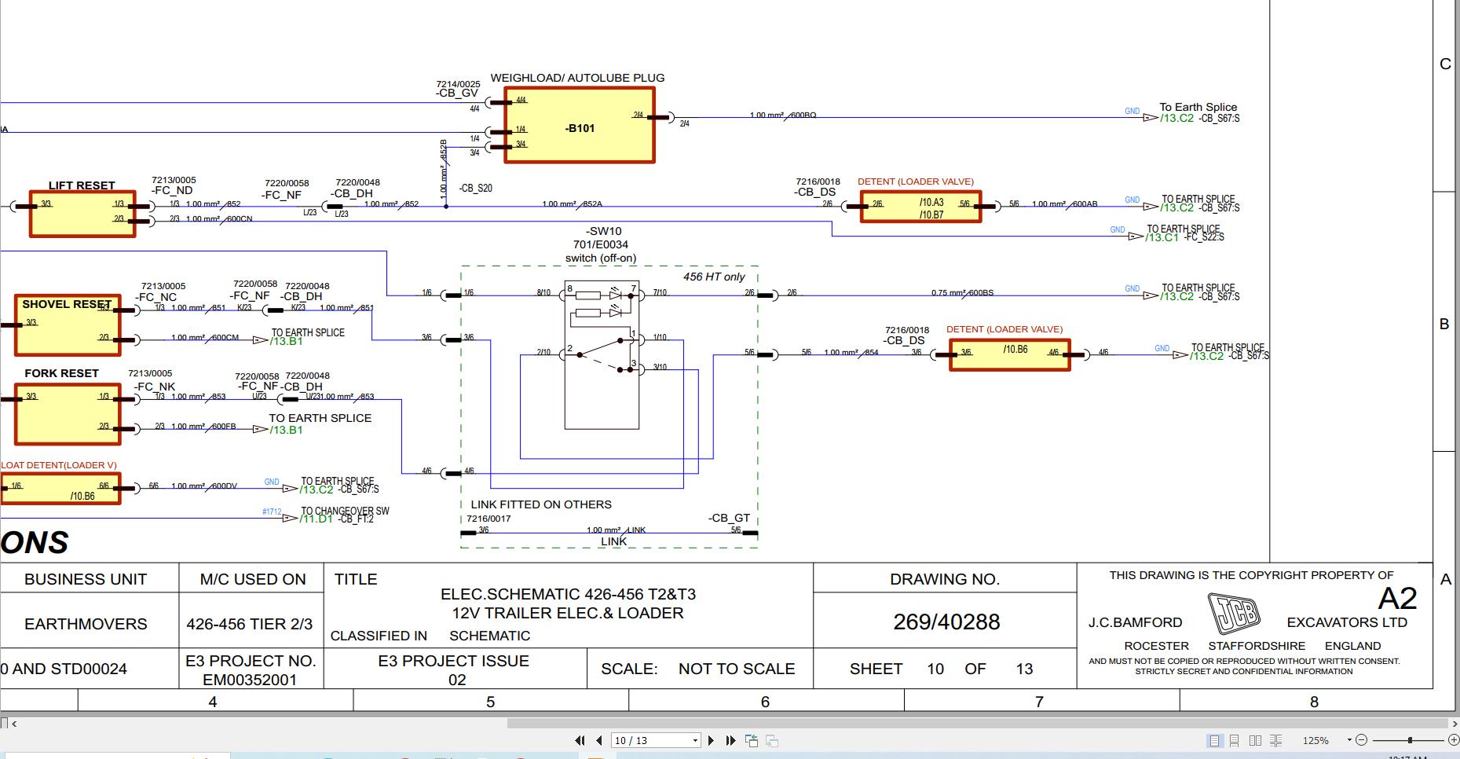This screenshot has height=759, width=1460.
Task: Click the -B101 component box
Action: [x=579, y=126]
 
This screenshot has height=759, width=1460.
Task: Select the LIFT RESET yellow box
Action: [x=82, y=214]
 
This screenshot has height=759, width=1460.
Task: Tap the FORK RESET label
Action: [x=61, y=373]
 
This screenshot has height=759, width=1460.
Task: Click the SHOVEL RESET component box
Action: [x=68, y=324]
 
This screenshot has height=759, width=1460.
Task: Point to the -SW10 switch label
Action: [x=603, y=231]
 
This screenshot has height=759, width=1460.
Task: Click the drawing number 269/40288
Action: [x=946, y=621]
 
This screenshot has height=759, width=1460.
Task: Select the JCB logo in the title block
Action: [x=1233, y=614]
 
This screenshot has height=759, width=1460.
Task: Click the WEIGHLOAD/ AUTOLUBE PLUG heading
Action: [x=577, y=78]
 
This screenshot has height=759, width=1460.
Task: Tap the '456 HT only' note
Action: [x=713, y=277]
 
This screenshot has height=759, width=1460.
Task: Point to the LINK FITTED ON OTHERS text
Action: [x=540, y=504]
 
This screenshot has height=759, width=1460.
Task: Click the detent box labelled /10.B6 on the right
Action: [x=1009, y=354]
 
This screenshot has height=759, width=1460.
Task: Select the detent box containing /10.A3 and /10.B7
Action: [x=920, y=207]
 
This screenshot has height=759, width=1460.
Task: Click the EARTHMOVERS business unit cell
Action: [x=86, y=624]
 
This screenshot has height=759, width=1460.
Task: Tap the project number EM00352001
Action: [x=250, y=680]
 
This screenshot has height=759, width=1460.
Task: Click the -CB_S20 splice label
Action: [x=475, y=189]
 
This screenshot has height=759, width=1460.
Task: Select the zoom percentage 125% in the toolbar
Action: [x=1315, y=740]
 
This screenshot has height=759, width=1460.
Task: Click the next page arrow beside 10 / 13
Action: [x=711, y=740]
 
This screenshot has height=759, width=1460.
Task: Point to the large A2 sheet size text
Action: [x=1397, y=599]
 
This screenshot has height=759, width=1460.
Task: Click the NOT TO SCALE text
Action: [x=736, y=669]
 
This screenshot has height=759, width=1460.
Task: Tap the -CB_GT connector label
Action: [x=729, y=518]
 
